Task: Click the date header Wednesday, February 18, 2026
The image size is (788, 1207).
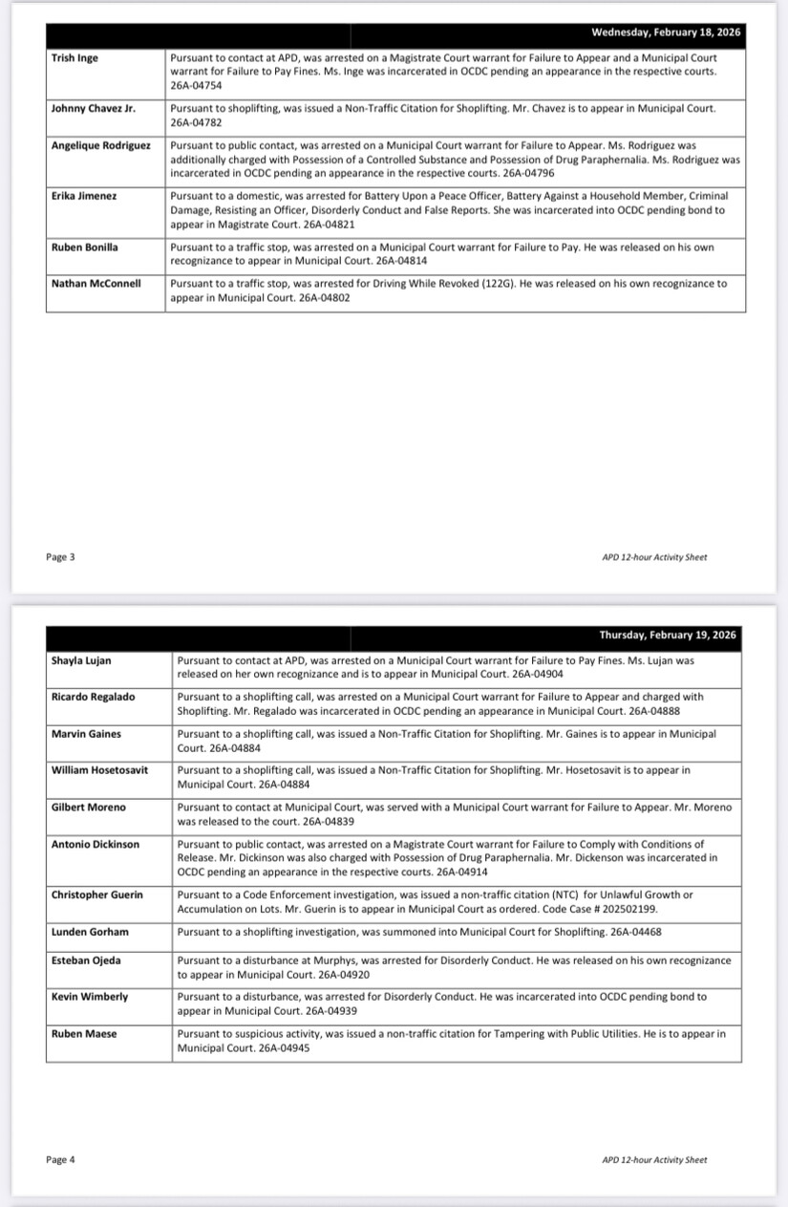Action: click(665, 32)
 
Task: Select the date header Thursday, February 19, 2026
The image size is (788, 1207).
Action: click(668, 636)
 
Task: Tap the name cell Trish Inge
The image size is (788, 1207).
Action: click(75, 58)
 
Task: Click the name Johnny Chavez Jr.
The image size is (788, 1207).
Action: click(94, 109)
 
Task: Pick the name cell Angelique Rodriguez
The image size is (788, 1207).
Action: click(101, 145)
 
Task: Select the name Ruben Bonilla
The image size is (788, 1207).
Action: click(86, 248)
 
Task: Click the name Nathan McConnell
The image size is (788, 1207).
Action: click(96, 284)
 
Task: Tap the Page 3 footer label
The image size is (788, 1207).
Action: click(60, 557)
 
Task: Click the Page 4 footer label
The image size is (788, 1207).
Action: click(60, 1160)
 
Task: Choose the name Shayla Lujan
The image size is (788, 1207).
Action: click(81, 660)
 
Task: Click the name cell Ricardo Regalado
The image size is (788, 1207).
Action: click(94, 697)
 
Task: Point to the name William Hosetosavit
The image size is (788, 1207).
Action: click(100, 770)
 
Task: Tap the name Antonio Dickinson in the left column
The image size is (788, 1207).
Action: click(96, 844)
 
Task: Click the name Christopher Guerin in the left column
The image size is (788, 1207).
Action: click(97, 894)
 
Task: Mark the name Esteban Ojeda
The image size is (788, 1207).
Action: click(86, 960)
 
